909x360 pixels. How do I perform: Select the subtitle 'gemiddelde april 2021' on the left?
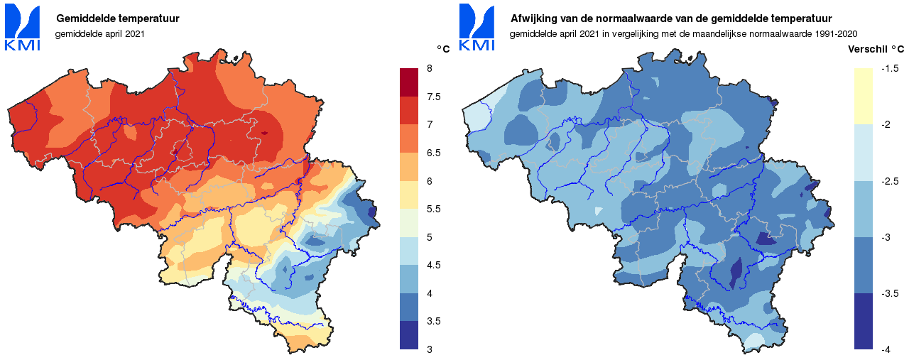pos(99,33)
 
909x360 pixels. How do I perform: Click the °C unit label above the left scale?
pos(443,50)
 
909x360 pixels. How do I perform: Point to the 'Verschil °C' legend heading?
pos(876,50)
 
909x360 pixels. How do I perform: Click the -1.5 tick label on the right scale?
pos(890,68)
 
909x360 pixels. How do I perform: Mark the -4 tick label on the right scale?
pos(886,349)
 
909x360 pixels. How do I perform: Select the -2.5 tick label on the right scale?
pos(890,181)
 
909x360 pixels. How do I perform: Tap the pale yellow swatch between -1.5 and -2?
pos(863,97)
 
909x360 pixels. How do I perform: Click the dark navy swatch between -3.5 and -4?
pos(863,321)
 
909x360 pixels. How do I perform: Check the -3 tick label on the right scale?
pos(886,237)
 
